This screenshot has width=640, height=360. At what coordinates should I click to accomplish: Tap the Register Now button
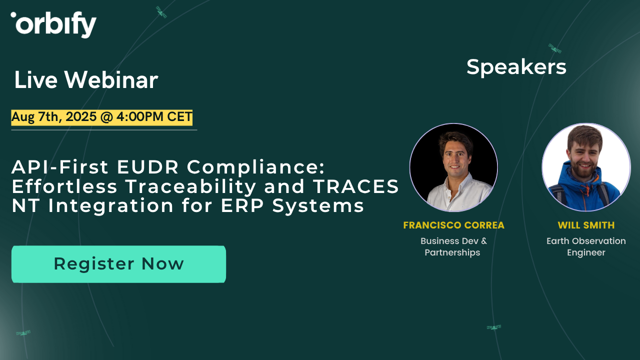coord(118,263)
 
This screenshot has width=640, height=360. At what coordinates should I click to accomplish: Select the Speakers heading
coord(516,67)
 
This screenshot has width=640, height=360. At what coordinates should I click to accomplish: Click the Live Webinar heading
coord(86,80)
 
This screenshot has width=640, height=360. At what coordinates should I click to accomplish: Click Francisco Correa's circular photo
coord(453,167)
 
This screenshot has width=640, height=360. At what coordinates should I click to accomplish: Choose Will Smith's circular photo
coord(586,167)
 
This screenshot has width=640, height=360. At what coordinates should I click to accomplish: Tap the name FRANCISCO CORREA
coord(453,225)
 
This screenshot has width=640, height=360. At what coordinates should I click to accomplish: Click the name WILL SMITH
coord(586,225)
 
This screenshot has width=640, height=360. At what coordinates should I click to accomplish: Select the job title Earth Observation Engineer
coord(586,246)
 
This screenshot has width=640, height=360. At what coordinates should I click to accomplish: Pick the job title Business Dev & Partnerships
coord(453,246)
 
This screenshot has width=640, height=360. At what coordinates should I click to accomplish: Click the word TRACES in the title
coord(356,186)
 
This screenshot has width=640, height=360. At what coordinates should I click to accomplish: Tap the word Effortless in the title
coord(65,186)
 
